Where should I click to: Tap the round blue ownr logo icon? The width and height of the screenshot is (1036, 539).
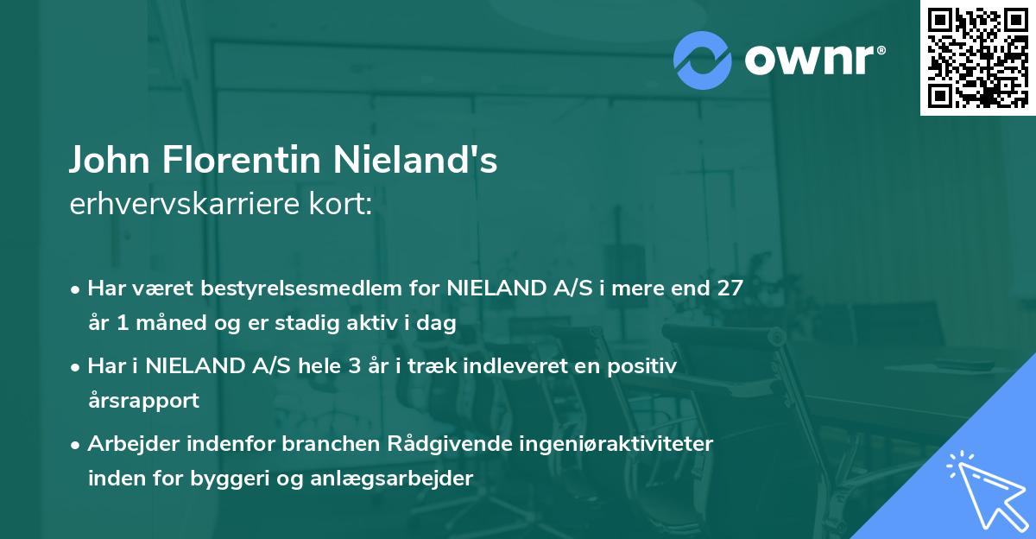click(701, 60)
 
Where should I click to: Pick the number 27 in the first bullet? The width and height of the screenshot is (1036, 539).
click(724, 289)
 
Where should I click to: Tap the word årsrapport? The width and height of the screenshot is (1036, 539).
click(143, 401)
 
